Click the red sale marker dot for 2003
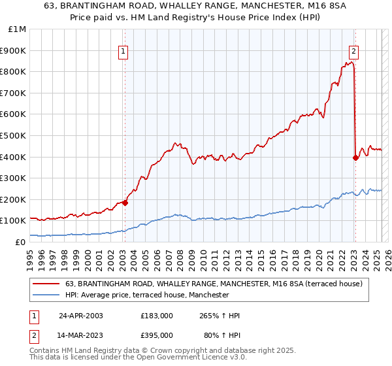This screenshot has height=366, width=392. tap(125, 203)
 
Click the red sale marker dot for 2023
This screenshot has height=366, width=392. tap(355, 158)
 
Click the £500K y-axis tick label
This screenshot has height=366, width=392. tap(14, 135)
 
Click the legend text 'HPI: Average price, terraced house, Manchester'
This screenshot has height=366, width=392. tap(147, 295)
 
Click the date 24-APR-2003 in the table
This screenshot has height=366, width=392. tap(80, 316)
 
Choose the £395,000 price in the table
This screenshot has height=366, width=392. tap(157, 335)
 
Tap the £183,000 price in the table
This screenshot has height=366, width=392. tap(157, 316)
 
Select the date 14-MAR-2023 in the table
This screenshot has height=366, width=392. tap(80, 335)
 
